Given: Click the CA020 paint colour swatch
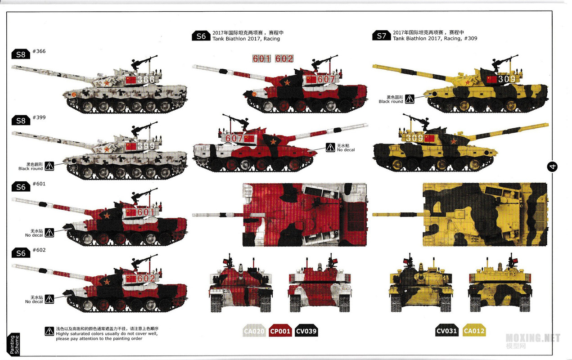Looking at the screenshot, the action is tap(254, 332).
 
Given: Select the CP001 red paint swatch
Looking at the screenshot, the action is tap(280, 332).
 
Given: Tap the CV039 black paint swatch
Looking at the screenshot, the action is tap(306, 332).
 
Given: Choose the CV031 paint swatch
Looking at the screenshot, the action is tap(447, 332).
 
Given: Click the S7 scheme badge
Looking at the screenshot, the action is tap(381, 36).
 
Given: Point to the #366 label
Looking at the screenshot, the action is tap(39, 51).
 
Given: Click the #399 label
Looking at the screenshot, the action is tap(39, 117).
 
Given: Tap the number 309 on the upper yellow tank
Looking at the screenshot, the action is tap(506, 79).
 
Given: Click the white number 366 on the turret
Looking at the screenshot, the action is tap(145, 80).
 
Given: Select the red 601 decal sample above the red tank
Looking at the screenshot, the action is tap(261, 58).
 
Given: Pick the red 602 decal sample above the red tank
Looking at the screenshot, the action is tap(284, 58).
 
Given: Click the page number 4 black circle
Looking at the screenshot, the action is tap(553, 166).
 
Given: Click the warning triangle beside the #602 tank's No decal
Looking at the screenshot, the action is tap(49, 299).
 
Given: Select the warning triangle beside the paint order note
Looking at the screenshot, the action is tap(49, 332).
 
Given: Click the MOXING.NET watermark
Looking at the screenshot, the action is tap(533, 338).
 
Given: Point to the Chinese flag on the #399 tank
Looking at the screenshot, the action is tap(131, 146).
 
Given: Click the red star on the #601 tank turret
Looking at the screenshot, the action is tap(107, 215).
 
